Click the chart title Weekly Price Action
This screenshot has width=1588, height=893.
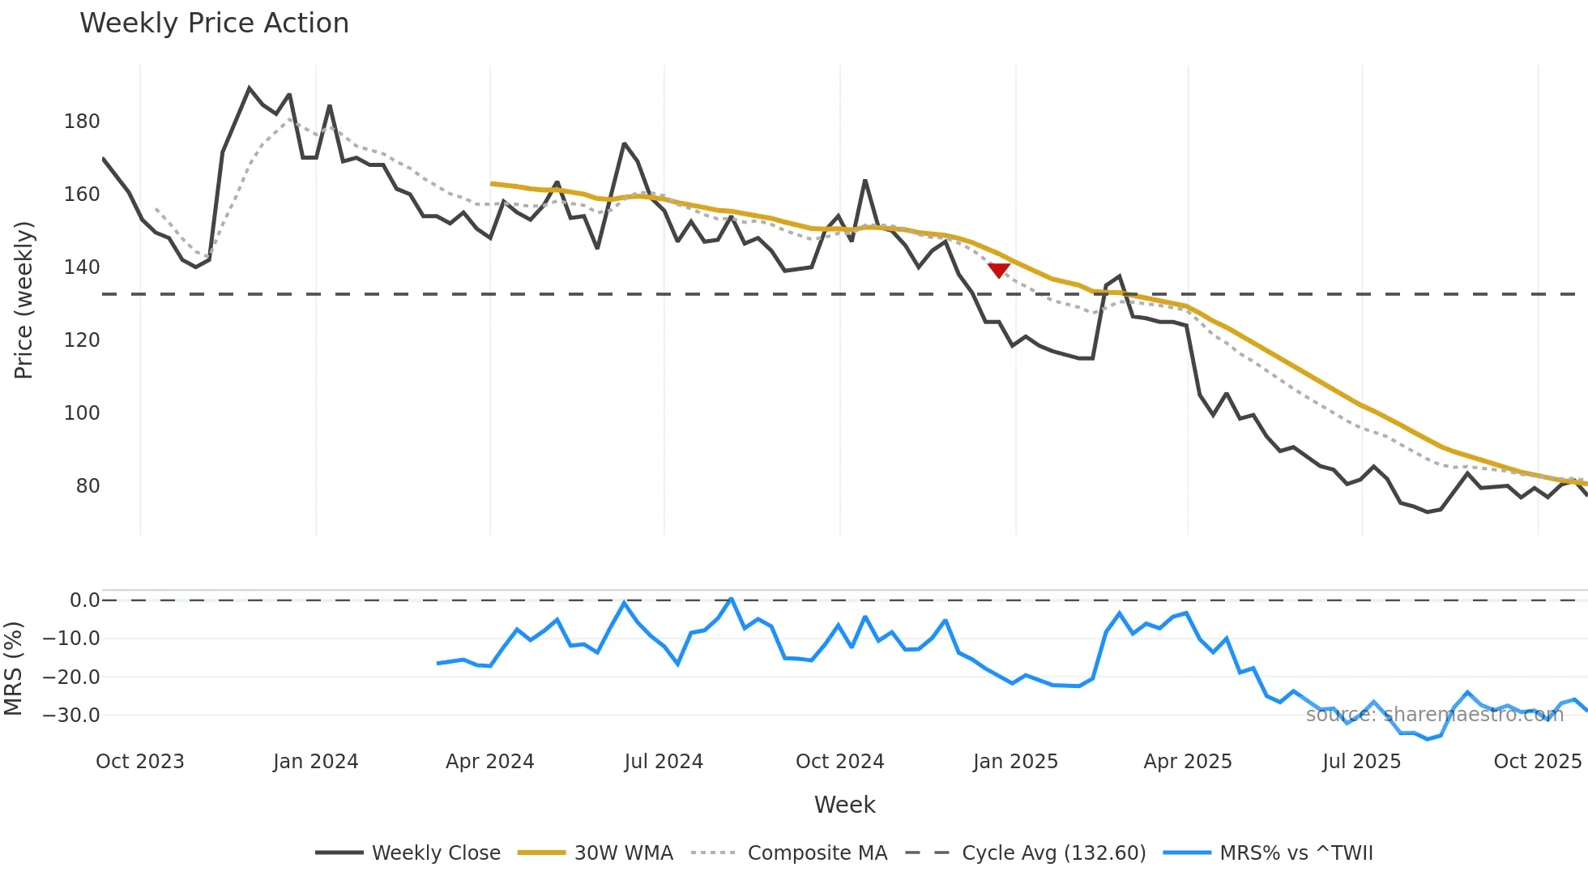(x=214, y=23)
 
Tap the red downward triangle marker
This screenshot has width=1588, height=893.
(x=999, y=270)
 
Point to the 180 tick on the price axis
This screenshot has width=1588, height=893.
(x=82, y=122)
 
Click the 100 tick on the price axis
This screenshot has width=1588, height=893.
(x=82, y=413)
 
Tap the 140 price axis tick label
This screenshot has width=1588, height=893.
(x=82, y=267)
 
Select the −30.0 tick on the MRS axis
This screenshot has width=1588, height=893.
(x=71, y=716)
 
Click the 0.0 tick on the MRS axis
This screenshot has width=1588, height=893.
(x=84, y=600)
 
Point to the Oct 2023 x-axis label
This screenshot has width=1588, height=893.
(x=140, y=762)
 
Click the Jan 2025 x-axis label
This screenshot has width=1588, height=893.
(x=1015, y=762)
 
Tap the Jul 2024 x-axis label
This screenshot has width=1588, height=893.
(x=664, y=762)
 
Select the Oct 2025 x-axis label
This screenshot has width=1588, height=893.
(x=1537, y=762)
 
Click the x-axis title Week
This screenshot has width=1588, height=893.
(x=844, y=805)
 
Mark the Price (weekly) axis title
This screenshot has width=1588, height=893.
(x=23, y=300)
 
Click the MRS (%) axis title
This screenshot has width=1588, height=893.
(x=13, y=669)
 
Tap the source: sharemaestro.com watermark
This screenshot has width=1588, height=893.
(x=1434, y=714)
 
